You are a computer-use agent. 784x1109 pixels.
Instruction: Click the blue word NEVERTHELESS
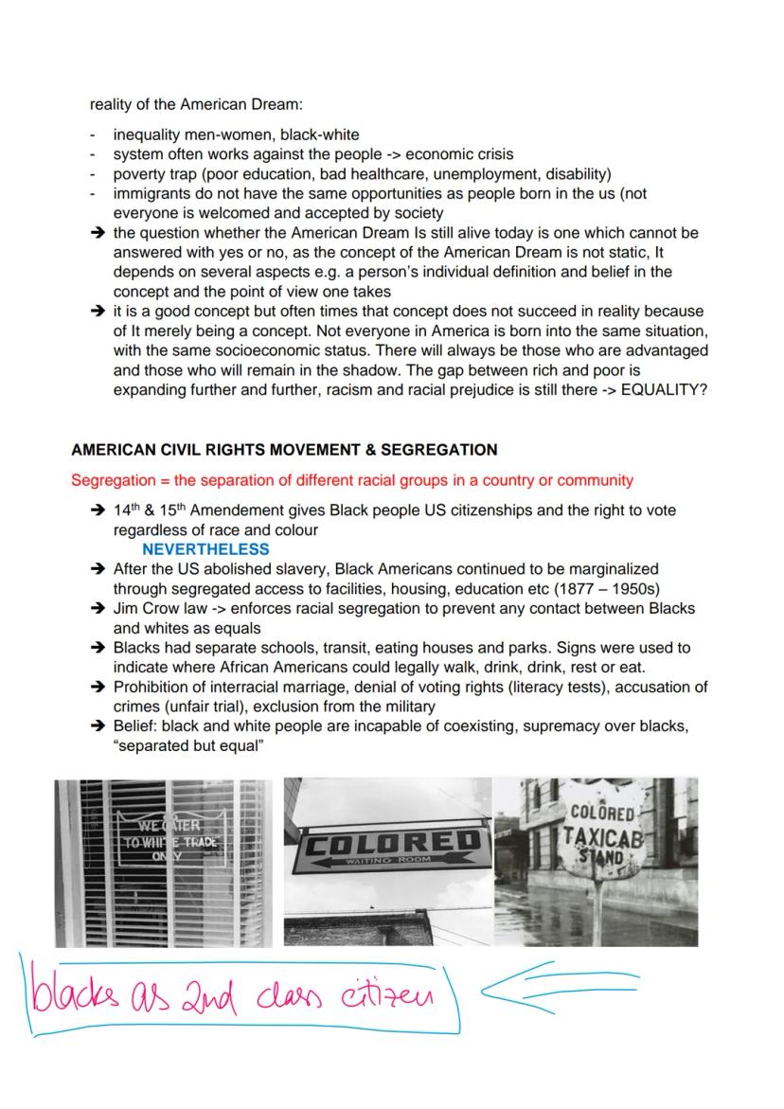point(205,549)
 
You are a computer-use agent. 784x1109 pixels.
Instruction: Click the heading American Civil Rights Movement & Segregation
point(284,449)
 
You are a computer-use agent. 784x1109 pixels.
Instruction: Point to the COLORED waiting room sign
point(387,843)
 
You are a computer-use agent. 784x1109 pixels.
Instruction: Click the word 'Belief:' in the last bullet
point(136,726)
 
